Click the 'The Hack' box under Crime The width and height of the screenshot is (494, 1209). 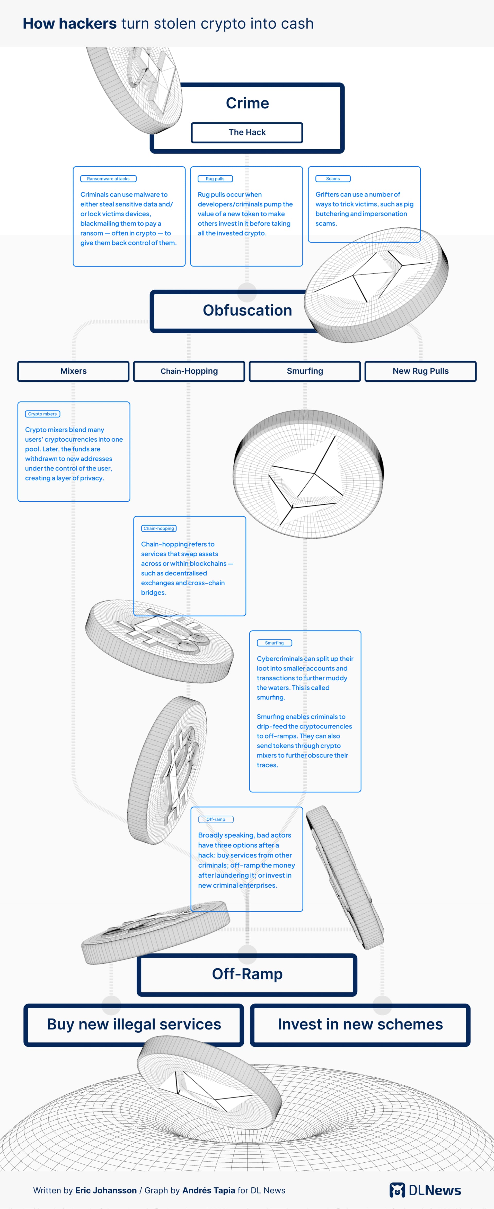click(x=247, y=132)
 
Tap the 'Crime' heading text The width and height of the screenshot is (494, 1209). click(x=247, y=103)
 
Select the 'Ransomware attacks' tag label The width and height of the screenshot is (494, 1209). click(x=108, y=179)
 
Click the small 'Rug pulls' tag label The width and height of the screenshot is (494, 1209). click(x=215, y=179)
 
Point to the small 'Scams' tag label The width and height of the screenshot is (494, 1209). click(x=333, y=179)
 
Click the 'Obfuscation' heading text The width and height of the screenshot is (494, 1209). click(x=247, y=310)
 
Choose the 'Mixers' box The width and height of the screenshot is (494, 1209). click(x=73, y=371)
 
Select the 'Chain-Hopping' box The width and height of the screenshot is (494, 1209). click(x=189, y=371)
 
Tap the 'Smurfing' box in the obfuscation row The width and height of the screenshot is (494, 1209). click(x=305, y=371)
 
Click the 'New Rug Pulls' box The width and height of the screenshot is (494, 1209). click(x=420, y=371)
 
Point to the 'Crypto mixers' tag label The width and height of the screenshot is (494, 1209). click(x=42, y=414)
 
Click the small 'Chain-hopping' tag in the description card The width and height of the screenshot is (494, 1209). click(x=158, y=528)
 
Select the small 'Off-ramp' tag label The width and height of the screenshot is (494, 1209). click(x=216, y=819)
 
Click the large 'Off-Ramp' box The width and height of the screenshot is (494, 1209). click(x=247, y=974)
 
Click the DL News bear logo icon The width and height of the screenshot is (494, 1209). click(x=397, y=1190)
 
